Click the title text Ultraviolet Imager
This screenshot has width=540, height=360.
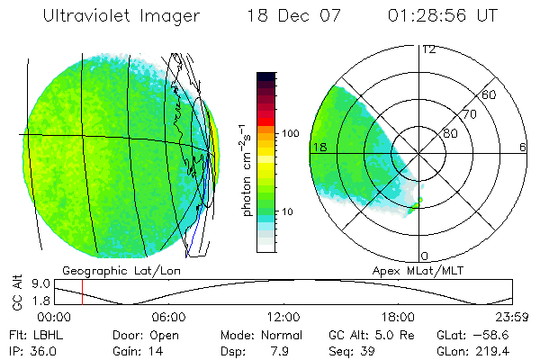[x=129, y=17]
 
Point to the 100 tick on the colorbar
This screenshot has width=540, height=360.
[x=290, y=133]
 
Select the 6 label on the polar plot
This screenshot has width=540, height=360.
[x=522, y=147]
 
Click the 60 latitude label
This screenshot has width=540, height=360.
[x=490, y=94]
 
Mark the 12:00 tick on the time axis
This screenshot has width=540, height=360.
[x=283, y=317]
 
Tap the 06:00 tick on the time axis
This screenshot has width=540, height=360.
[x=168, y=317]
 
